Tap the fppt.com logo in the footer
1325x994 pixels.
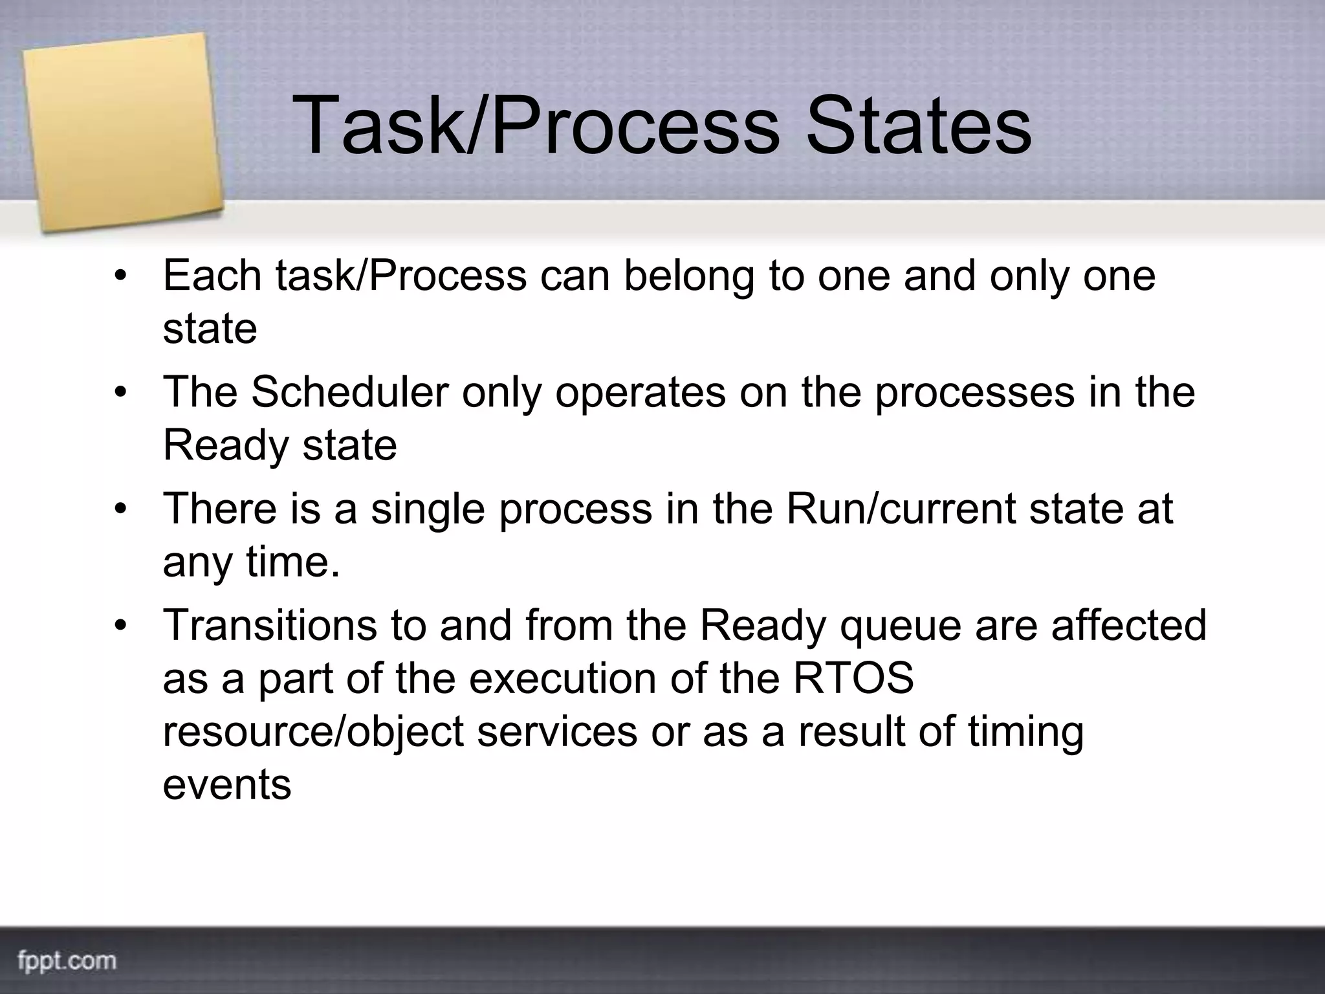click(67, 960)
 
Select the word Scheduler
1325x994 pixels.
click(349, 392)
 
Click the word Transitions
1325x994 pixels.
click(269, 625)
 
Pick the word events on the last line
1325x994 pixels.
click(226, 784)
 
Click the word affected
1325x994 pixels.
click(1128, 625)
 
